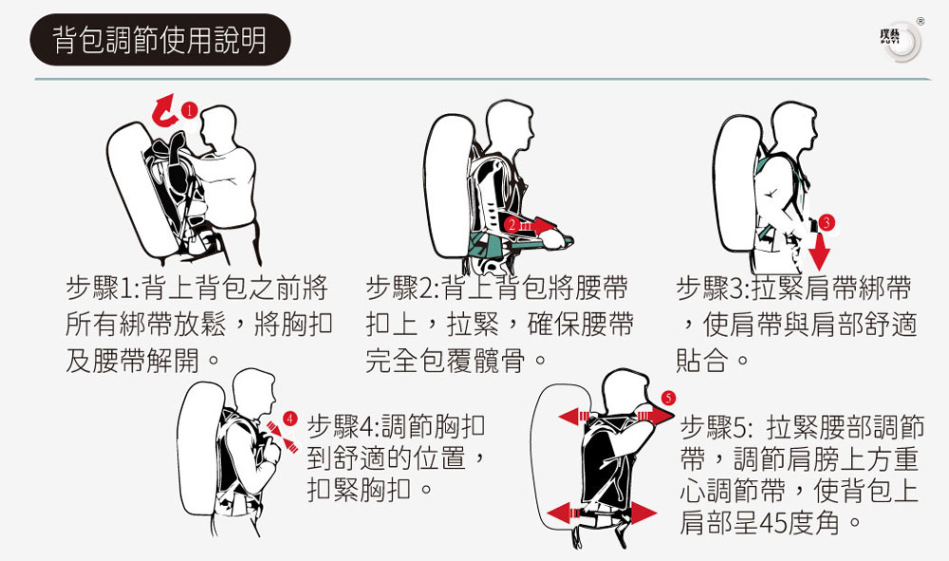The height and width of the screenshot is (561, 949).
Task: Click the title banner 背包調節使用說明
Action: point(160,40)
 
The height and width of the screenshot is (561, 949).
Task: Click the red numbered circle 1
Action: point(190,110)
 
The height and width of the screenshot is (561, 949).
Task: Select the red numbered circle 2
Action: point(512,225)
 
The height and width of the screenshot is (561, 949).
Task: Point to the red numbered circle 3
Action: point(827,223)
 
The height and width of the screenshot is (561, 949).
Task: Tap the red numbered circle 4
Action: point(290,419)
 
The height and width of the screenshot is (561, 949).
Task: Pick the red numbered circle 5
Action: point(668,398)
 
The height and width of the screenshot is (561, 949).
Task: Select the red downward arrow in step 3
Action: point(819,251)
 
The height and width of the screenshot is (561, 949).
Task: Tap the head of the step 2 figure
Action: point(511,122)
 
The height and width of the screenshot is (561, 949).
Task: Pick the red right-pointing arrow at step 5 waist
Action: point(642,513)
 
